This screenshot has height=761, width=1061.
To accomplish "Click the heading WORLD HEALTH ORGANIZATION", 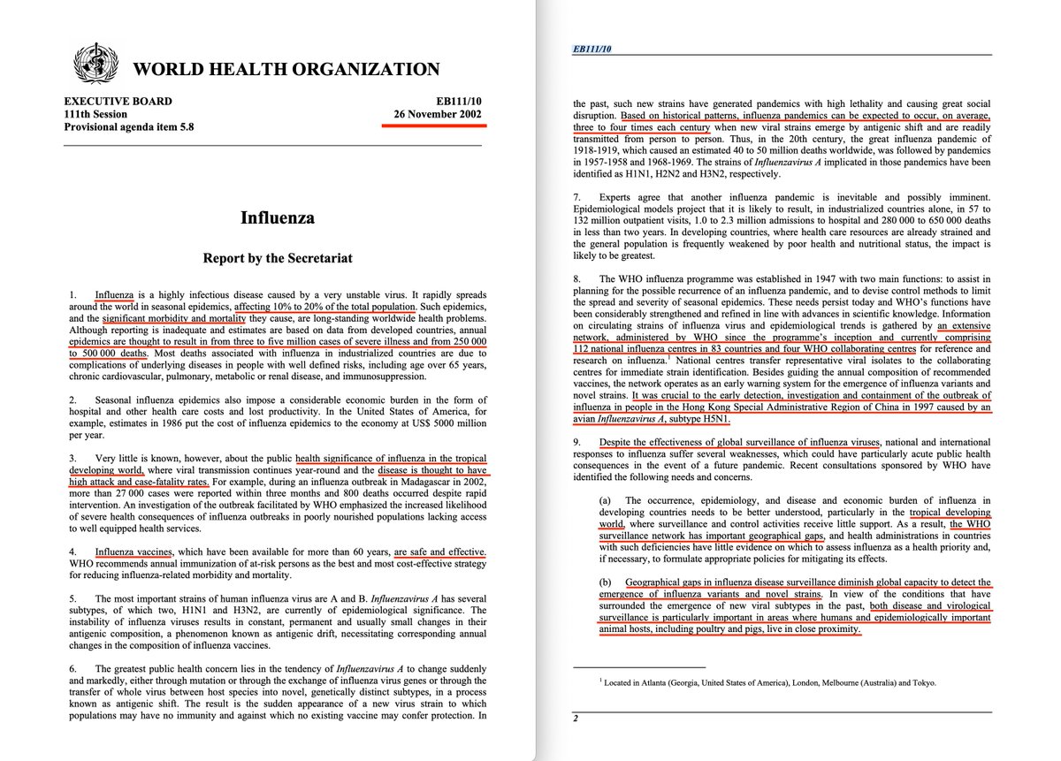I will pyautogui.click(x=286, y=69).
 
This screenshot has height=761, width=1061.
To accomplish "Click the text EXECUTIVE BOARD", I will pyautogui.click(x=118, y=102).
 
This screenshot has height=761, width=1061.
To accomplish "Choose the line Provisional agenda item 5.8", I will pyautogui.click(x=128, y=127).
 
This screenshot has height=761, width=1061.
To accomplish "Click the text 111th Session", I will pyautogui.click(x=95, y=115).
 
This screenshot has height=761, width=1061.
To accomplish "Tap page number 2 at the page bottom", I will pyautogui.click(x=575, y=719).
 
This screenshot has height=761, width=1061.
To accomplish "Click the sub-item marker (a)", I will pyautogui.click(x=607, y=500).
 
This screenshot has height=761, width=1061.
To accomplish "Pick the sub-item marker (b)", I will pyautogui.click(x=607, y=583).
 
